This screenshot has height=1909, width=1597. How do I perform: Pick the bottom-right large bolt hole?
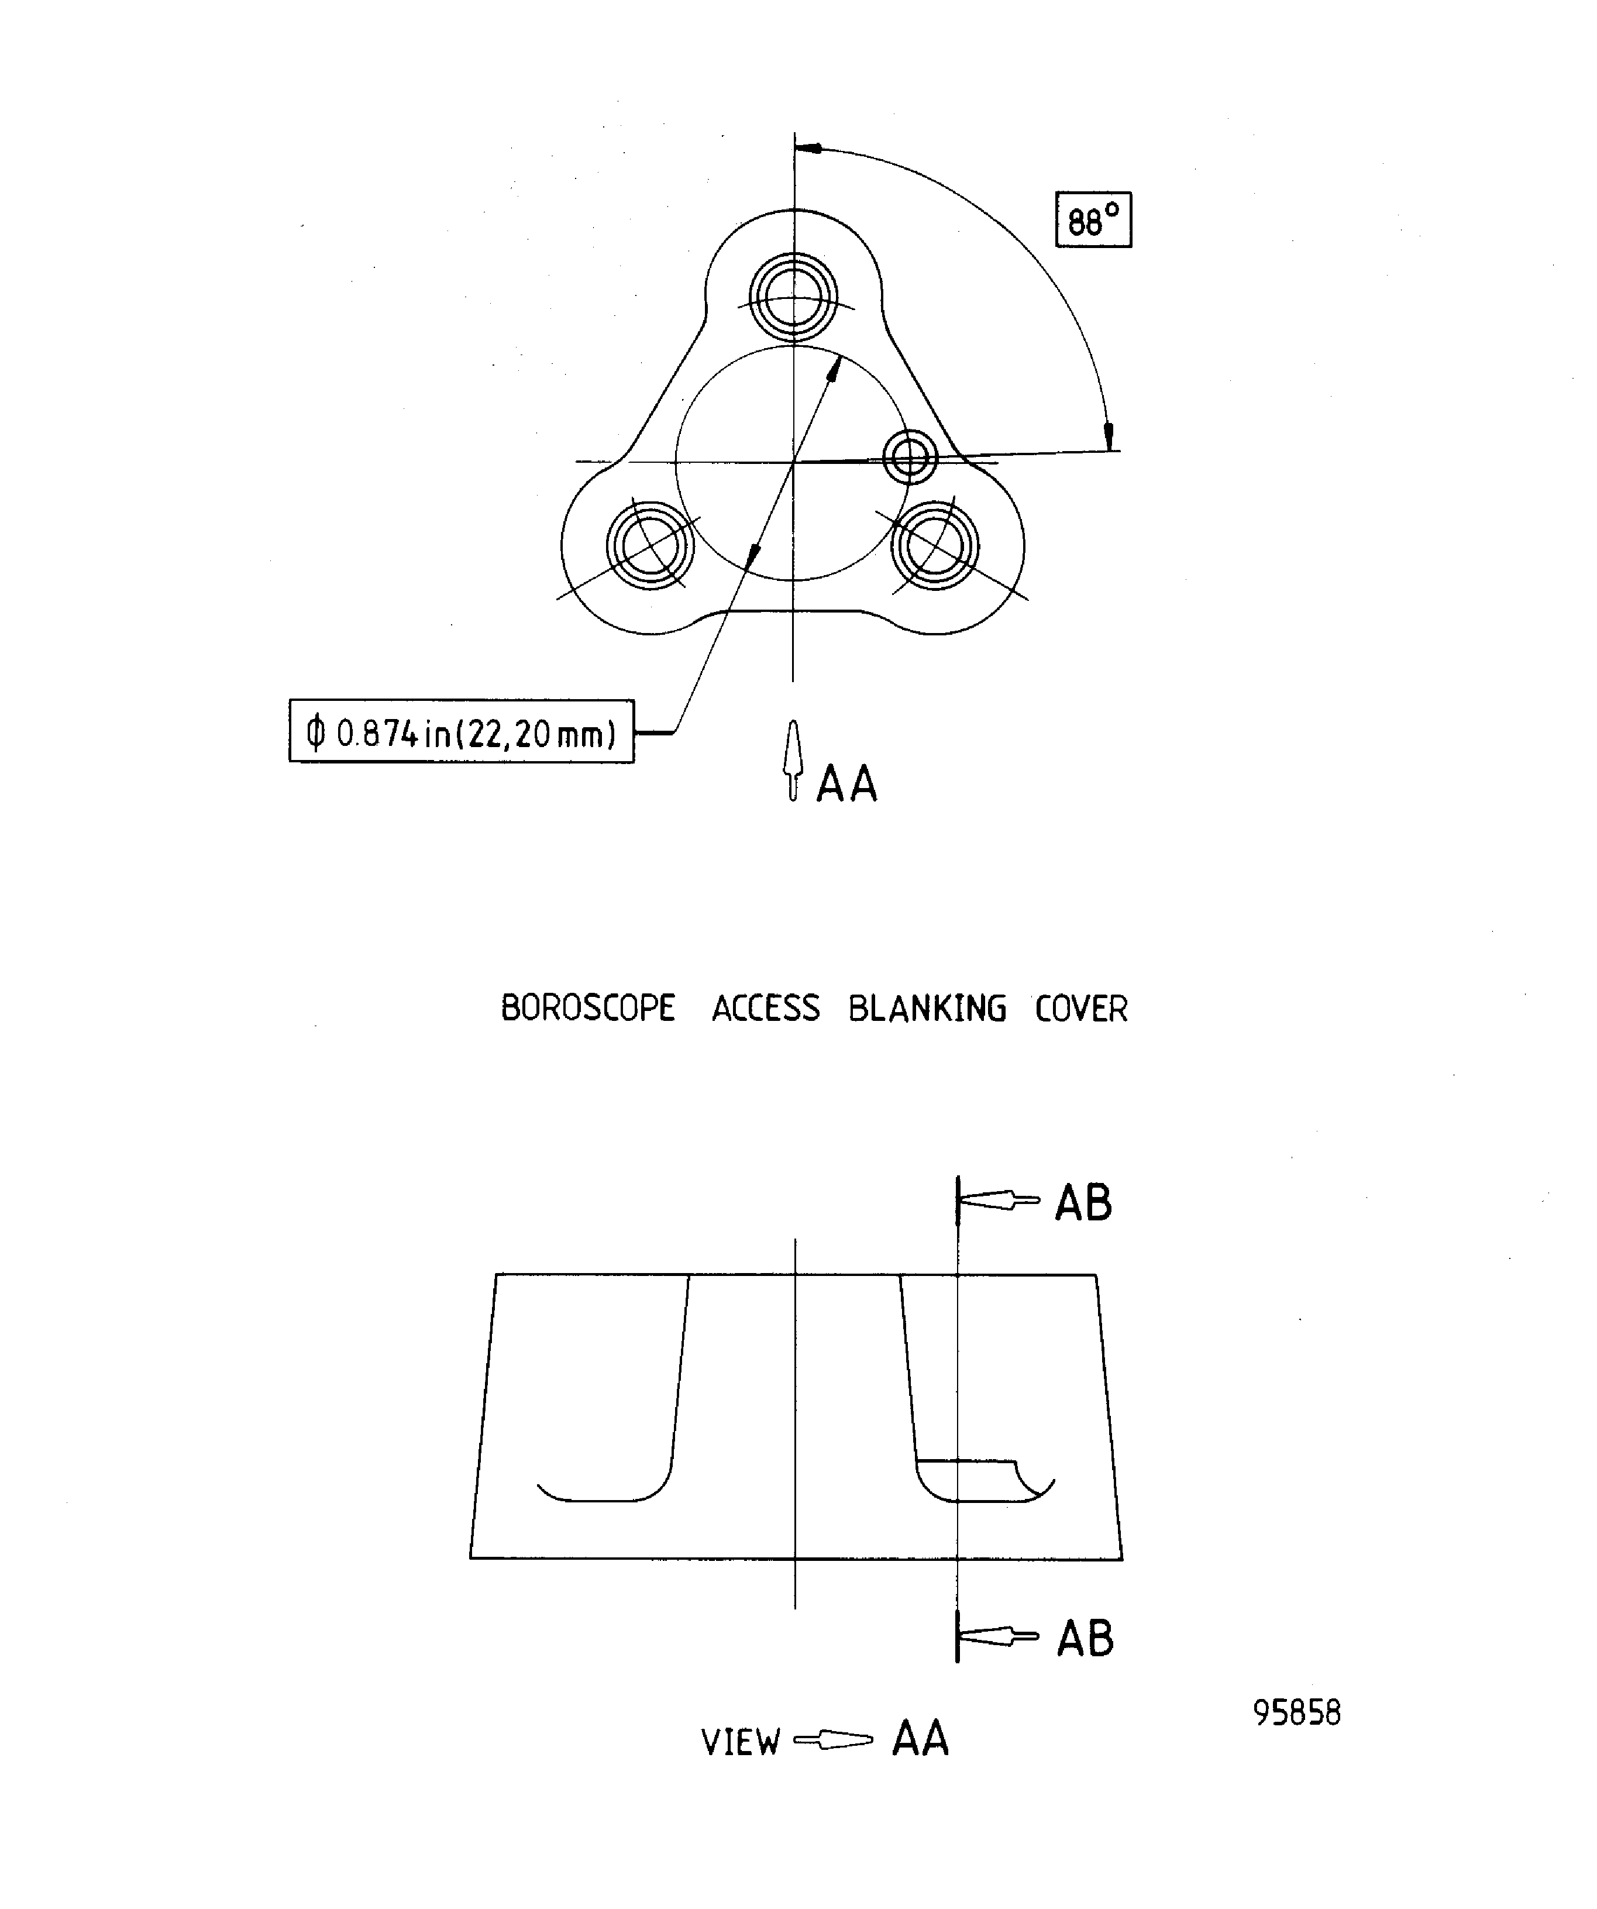pyautogui.click(x=935, y=545)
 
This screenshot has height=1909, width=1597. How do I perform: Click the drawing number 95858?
pyautogui.click(x=1297, y=1712)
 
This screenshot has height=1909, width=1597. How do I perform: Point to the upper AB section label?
pyautogui.click(x=1083, y=1203)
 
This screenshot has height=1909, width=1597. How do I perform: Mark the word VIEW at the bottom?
pyautogui.click(x=741, y=1743)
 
